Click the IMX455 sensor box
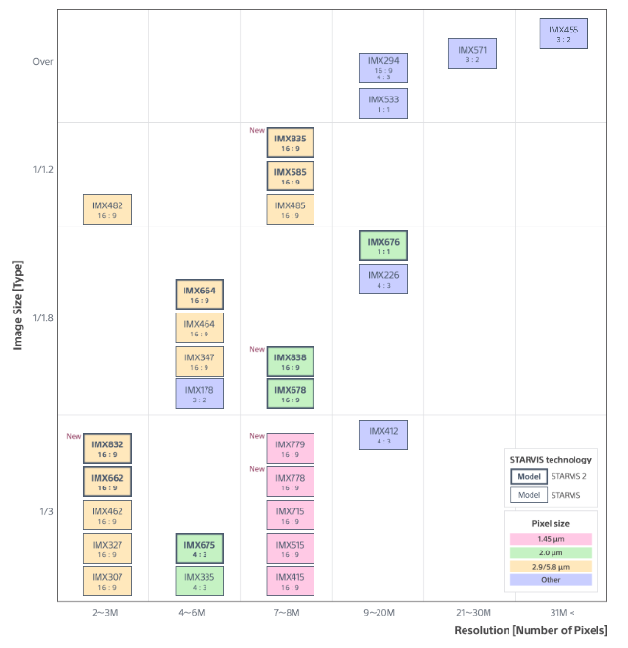(563, 33)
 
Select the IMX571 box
(472, 54)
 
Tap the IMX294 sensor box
(383, 67)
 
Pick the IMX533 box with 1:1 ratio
(383, 103)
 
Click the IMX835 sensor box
(290, 142)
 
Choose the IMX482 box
(107, 209)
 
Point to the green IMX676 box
(383, 246)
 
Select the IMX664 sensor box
(200, 294)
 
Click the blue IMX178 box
(200, 394)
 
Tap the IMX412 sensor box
(383, 435)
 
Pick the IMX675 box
(200, 549)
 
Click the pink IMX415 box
(290, 581)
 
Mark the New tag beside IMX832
(74, 437)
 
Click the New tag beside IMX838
(257, 350)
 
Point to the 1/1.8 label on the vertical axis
(42, 317)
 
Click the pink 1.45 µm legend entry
(551, 539)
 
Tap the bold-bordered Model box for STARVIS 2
(529, 476)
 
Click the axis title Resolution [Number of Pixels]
(530, 631)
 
